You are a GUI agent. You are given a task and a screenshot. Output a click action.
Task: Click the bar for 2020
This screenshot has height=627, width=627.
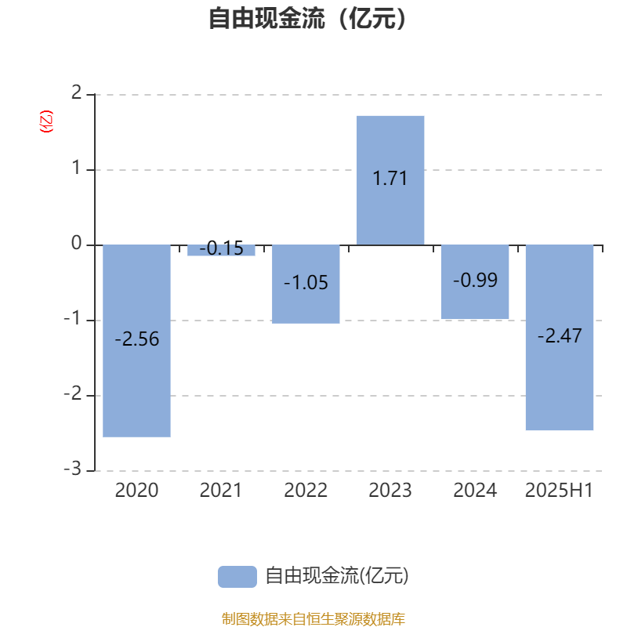click(x=136, y=341)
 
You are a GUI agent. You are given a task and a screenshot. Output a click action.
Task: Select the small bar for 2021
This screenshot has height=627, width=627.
click(x=221, y=250)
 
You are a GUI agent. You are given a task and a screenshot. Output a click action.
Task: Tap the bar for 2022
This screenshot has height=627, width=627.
click(x=306, y=284)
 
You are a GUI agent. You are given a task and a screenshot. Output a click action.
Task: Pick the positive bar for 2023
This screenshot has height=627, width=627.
click(x=390, y=180)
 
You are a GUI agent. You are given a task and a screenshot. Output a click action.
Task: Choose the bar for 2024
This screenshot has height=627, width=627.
click(x=475, y=282)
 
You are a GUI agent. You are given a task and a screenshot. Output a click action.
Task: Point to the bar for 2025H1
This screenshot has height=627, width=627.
click(x=560, y=338)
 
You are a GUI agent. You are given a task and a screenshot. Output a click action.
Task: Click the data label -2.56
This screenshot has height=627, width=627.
click(x=136, y=339)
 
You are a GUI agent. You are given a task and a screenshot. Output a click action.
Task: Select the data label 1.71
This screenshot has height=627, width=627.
click(x=390, y=179)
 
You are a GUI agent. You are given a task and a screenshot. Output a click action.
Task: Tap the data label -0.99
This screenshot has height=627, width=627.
click(x=475, y=280)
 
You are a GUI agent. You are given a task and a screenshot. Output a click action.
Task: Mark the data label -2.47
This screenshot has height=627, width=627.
click(x=560, y=335)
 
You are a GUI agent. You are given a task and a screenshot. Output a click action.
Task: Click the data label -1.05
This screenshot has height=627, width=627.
click(x=306, y=283)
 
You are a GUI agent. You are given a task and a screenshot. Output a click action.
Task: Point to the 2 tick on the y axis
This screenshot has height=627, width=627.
click(x=76, y=92)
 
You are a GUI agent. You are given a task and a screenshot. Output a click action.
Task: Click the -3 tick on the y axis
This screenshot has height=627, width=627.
click(x=73, y=469)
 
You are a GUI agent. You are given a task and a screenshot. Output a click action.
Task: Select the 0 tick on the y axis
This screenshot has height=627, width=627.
click(x=76, y=243)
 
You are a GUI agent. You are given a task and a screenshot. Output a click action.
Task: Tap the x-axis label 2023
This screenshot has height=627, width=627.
click(x=390, y=491)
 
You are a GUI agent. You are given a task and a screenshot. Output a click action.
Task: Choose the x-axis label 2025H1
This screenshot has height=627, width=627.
click(x=559, y=491)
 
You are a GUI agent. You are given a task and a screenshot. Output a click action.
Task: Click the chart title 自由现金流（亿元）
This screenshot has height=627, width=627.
click(x=307, y=18)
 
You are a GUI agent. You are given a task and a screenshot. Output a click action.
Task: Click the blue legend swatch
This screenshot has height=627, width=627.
click(x=237, y=577)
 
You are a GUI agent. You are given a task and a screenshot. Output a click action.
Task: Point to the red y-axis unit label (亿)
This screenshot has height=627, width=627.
click(x=46, y=121)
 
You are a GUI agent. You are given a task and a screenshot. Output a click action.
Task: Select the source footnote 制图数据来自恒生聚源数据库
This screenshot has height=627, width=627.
click(x=313, y=618)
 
